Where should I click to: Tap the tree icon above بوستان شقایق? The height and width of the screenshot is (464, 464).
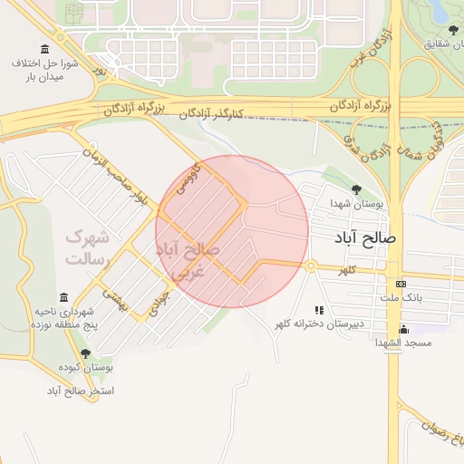440,30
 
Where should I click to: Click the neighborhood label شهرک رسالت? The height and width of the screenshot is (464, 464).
87,247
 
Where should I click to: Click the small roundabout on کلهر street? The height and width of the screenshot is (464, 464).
311,266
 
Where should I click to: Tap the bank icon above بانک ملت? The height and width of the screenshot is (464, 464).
401,283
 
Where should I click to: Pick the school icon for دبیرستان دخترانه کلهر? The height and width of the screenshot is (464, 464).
318,309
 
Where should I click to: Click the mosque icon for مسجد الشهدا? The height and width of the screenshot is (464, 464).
403,329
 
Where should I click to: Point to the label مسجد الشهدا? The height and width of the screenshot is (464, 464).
404,343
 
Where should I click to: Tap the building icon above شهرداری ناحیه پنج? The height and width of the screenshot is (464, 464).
63,297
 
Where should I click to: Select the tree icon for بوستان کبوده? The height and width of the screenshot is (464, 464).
86,353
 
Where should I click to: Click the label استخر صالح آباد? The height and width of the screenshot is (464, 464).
82,391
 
